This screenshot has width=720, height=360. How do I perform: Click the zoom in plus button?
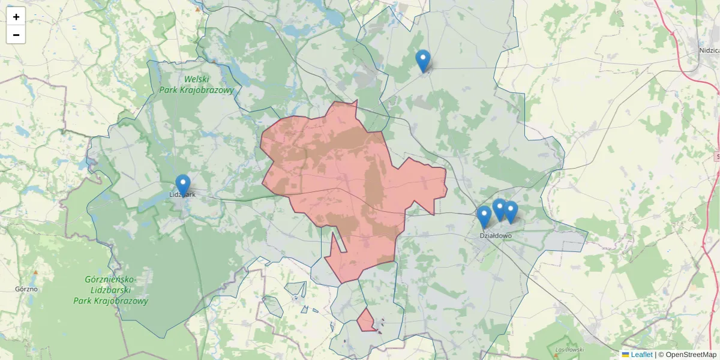pos(16,17)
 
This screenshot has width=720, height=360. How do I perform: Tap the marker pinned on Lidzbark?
pos(183,185)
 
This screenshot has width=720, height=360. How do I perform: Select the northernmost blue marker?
pos(423,61)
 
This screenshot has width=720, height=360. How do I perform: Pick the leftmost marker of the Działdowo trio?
pos(484,217)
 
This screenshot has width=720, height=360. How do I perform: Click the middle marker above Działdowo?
pos(499,209)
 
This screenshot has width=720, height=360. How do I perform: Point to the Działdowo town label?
pos(496,236)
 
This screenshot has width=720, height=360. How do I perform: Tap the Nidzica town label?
pos(709,50)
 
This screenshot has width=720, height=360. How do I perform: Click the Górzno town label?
pos(26,289)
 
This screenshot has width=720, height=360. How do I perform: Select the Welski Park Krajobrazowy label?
pos(196,84)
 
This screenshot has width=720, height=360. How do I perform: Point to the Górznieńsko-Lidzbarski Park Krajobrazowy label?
pos(111,290)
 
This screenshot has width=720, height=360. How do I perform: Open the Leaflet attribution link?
pos(641,355)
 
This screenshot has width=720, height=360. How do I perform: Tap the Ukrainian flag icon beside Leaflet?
pos(626,355)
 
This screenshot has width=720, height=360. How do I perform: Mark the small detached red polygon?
pos(365,321)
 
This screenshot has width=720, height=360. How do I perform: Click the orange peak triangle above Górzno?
pos(35,272)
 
